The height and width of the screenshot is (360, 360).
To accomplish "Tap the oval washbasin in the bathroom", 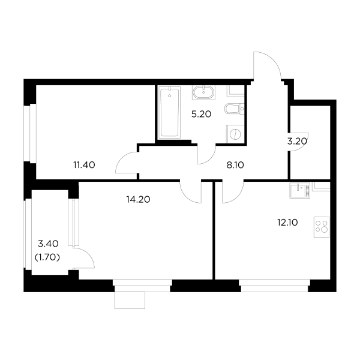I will click(204, 93).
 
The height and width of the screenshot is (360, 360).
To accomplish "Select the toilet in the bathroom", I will click(233, 109).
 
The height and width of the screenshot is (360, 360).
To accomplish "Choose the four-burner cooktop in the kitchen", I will click(322, 227).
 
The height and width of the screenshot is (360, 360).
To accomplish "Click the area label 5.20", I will click(201, 116).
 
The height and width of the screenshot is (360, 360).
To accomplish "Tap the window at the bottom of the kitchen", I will click(278, 283).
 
